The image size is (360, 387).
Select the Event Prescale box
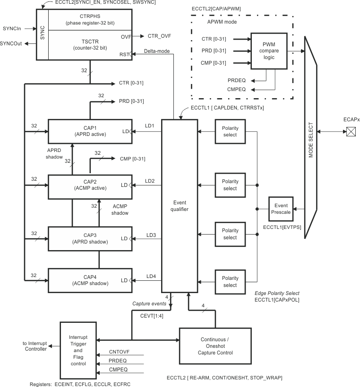281,209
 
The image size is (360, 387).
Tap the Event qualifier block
180,206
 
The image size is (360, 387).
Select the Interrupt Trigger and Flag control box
77,350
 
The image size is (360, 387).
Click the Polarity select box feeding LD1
230,131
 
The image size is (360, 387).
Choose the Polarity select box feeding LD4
230,282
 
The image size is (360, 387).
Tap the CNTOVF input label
120,352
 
